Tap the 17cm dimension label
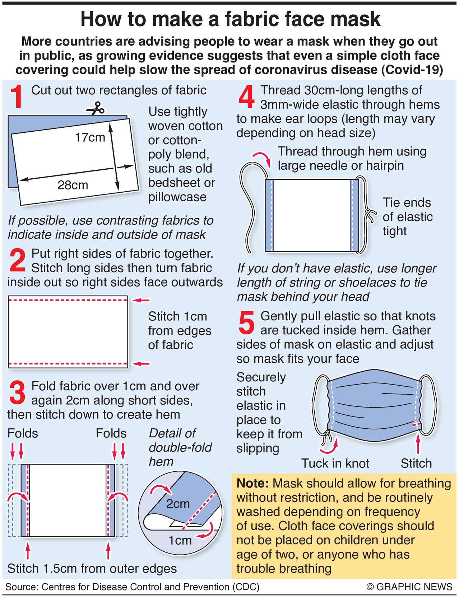pos(90,137)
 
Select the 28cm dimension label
pos(73,185)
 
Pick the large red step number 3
pos(17,392)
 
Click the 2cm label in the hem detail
pos(178,504)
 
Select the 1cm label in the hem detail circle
pos(180,540)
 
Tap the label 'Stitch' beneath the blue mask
pos(416,463)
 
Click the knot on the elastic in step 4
pos(368,214)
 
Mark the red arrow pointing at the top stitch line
pos(140,300)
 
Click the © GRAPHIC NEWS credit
pos(409,587)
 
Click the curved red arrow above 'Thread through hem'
pos(261,158)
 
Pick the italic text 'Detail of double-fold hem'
pos(180,447)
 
